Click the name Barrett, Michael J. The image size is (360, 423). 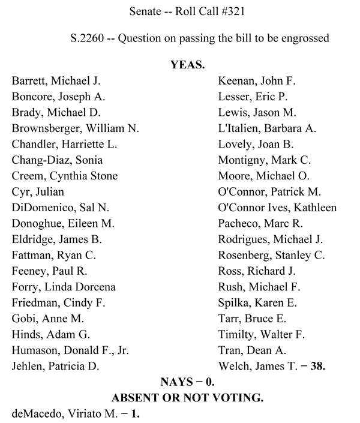pyautogui.click(x=56, y=80)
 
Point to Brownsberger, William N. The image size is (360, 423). pyautogui.click(x=75, y=128)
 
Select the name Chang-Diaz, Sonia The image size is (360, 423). pyautogui.click(x=57, y=160)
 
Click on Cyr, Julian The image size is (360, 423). pyautogui.click(x=38, y=191)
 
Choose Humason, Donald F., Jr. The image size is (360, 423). pyautogui.click(x=70, y=350)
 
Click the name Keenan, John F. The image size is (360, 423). pyautogui.click(x=257, y=80)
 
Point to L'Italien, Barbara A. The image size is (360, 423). pyautogui.click(x=268, y=128)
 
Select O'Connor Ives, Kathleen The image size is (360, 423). pyautogui.click(x=278, y=208)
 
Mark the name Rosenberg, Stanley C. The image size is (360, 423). pyautogui.click(x=272, y=255)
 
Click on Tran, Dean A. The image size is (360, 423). pyautogui.click(x=252, y=350)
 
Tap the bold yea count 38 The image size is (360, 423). pyautogui.click(x=317, y=366)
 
